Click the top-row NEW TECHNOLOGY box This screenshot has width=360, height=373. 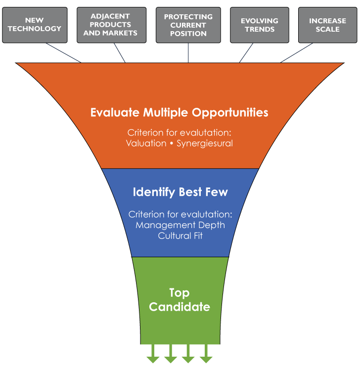[34, 25]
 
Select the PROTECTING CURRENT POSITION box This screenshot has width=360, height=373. [188, 25]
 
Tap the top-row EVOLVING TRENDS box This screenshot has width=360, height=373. [260, 25]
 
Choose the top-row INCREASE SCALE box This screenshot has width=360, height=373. [327, 25]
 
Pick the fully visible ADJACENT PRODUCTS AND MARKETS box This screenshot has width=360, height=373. [111, 25]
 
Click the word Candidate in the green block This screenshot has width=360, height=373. [180, 307]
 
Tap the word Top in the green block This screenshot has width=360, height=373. [180, 293]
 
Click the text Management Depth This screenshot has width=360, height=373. [180, 225]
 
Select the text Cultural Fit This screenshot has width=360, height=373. [180, 236]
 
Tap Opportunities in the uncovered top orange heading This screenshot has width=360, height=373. [230, 112]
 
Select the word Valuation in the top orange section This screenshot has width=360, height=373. [146, 143]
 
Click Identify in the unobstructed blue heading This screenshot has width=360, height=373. [153, 192]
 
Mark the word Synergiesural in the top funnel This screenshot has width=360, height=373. [205, 143]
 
